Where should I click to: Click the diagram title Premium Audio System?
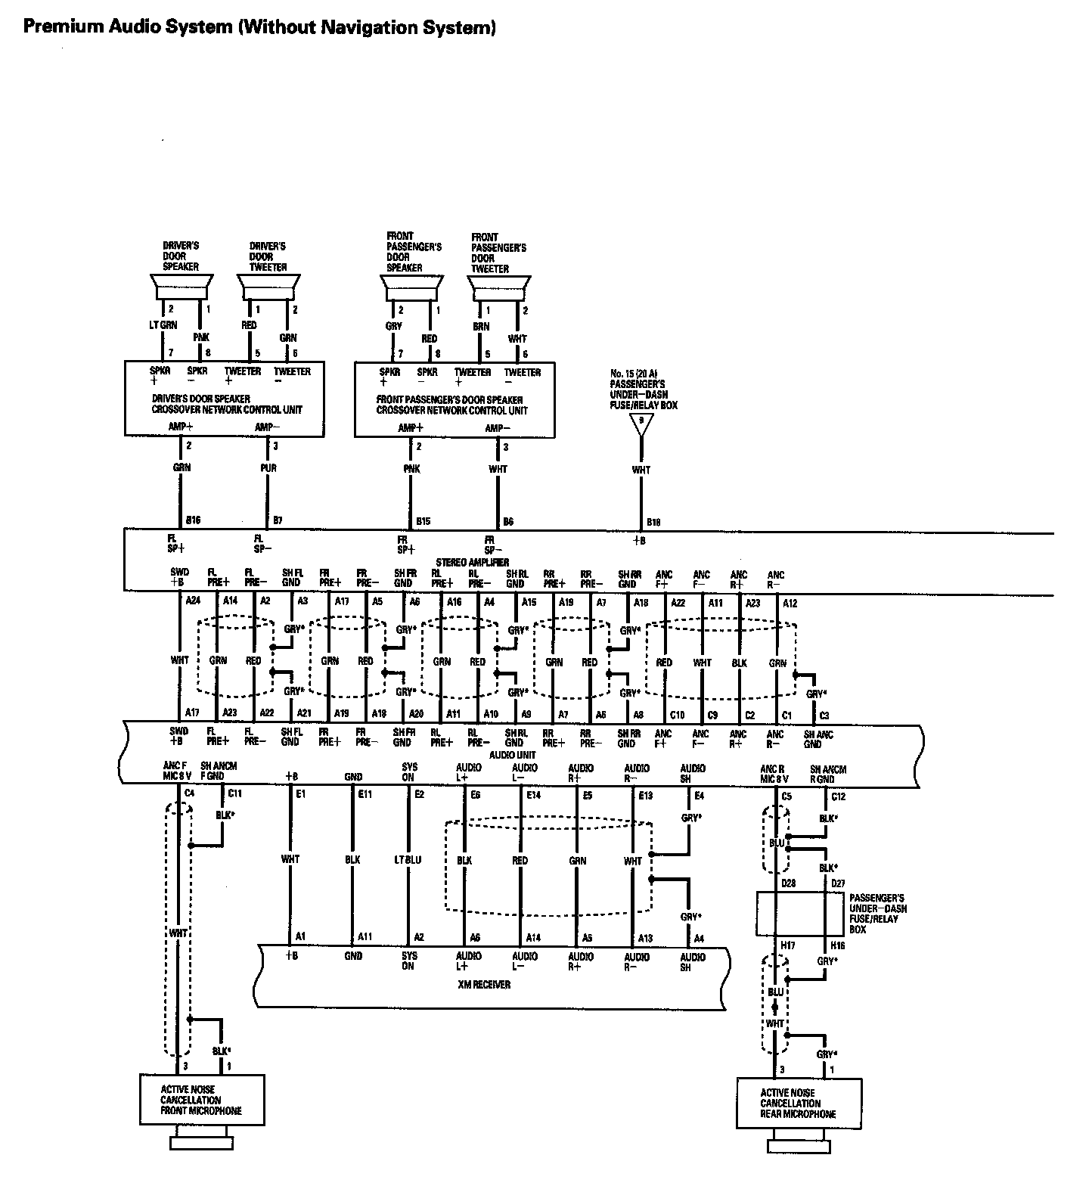point(259,28)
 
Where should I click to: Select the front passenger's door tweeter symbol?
point(496,288)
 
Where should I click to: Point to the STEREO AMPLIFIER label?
point(472,563)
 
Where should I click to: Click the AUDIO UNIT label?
point(513,755)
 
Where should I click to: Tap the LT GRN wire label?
point(163,325)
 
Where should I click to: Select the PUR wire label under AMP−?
point(269,468)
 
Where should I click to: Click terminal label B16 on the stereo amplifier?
point(194,521)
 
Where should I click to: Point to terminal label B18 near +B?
point(653,522)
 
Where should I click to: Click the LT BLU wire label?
point(408,860)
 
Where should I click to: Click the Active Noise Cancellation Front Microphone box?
point(202,1100)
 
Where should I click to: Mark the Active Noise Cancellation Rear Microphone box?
point(799,1104)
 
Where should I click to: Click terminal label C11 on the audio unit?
point(234,793)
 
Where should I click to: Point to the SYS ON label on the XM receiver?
point(408,961)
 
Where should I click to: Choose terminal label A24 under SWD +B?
point(193,601)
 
